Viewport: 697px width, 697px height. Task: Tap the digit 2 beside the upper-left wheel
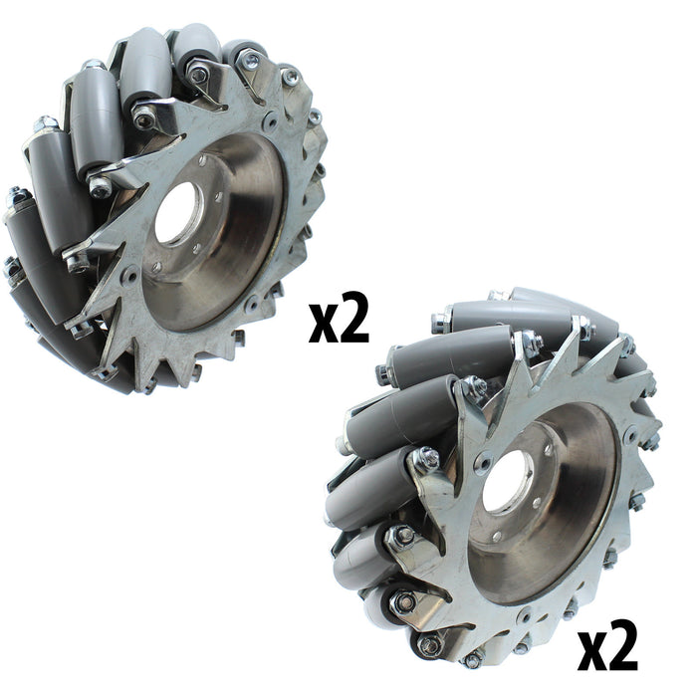point(353,317)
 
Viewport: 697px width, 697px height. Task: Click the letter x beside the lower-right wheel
point(592,653)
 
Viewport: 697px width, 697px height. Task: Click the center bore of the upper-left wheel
point(176,212)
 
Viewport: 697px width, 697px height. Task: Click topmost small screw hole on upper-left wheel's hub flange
point(203,160)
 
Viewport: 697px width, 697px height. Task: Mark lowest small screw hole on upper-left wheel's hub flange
point(155,266)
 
